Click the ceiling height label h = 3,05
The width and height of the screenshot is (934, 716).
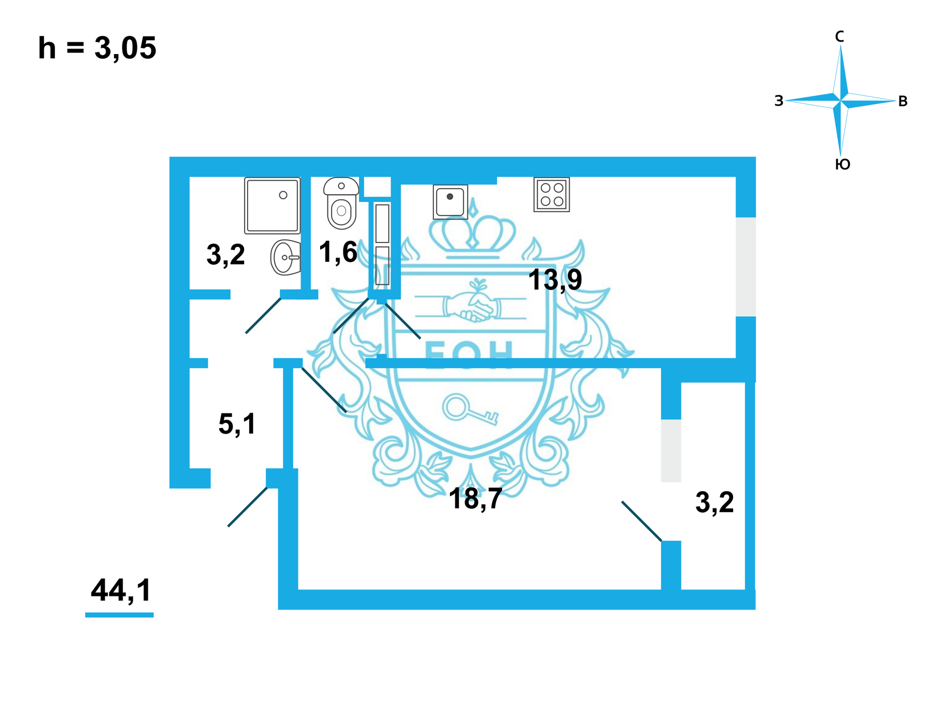click(97, 48)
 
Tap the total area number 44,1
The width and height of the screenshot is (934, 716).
click(121, 590)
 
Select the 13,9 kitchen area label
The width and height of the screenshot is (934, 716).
click(555, 280)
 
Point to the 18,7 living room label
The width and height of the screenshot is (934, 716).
click(475, 499)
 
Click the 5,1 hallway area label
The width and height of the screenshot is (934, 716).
click(237, 423)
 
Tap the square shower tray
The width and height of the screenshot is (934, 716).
click(272, 205)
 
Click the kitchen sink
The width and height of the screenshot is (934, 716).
click(450, 202)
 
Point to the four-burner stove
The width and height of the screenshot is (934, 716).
click(552, 195)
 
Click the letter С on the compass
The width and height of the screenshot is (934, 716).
click(839, 37)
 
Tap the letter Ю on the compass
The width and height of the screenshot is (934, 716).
click(843, 165)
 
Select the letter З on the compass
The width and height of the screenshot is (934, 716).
click(779, 101)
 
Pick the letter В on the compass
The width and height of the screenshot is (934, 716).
click(902, 101)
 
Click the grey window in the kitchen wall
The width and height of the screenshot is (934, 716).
click(745, 267)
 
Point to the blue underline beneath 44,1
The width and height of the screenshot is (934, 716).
click(119, 615)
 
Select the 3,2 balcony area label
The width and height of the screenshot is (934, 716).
click(714, 502)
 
